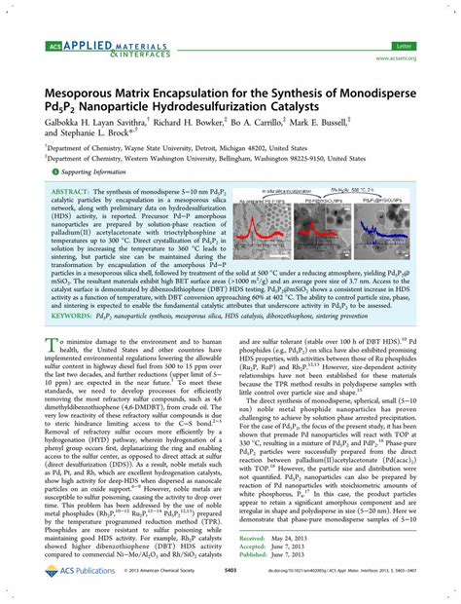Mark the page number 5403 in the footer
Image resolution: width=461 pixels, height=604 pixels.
(230, 590)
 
